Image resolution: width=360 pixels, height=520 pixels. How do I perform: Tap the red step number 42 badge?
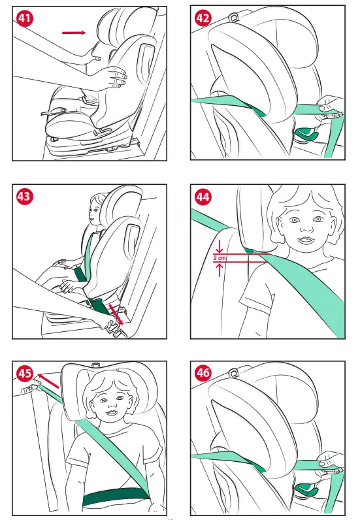coord(203,18)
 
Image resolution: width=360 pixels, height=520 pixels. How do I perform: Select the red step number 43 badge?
coord(25,197)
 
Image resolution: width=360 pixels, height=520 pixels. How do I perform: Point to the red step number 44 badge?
coord(203,197)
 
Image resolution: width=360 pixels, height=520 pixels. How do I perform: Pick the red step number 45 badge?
coord(25,374)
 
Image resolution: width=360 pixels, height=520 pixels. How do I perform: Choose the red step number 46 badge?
coord(203,373)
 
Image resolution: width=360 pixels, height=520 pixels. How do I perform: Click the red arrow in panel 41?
coord(74,33)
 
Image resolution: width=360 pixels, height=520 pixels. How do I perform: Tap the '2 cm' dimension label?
coord(220,257)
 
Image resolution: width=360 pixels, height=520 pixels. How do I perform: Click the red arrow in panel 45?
coord(48,380)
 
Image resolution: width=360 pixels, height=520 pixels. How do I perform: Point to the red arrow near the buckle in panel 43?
coord(116,314)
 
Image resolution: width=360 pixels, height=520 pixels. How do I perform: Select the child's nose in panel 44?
coord(306,227)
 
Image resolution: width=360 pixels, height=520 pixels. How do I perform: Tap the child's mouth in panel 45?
coord(112,413)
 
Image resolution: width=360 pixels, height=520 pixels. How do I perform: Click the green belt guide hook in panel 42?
coord(306,134)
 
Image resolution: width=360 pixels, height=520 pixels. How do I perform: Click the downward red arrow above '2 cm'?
coord(220,247)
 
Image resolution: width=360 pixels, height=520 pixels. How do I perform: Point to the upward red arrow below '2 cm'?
coord(220,269)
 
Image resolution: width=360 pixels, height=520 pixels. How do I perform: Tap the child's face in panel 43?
coord(94,211)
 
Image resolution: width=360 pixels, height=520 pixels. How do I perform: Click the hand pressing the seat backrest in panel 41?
coord(114,77)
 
